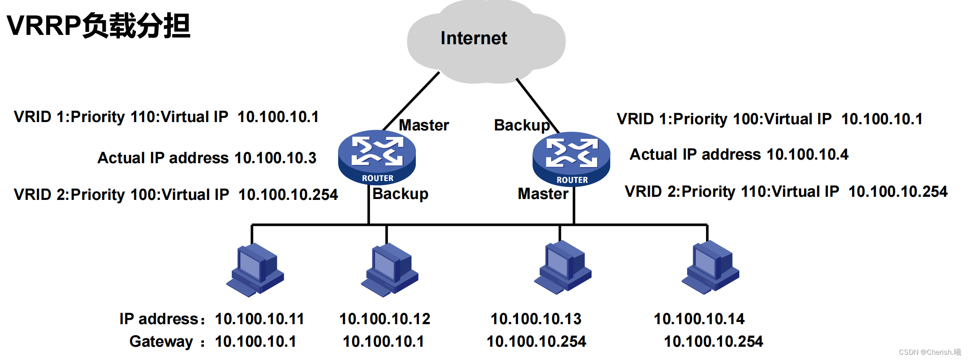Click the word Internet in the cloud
(474, 38)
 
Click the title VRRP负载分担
(98, 26)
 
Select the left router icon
(377, 157)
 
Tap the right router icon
(572, 159)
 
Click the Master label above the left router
(424, 125)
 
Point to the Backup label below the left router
(400, 194)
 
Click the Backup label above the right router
(522, 126)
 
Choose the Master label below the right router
(543, 194)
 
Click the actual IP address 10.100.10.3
(275, 158)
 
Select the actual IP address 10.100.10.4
(807, 154)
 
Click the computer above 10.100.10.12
(390, 270)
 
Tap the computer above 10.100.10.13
(563, 268)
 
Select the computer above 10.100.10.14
(711, 268)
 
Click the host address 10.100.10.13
(536, 319)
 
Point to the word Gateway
(161, 342)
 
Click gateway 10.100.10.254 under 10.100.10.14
(714, 341)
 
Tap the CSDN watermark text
(930, 352)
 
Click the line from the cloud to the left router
(411, 101)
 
